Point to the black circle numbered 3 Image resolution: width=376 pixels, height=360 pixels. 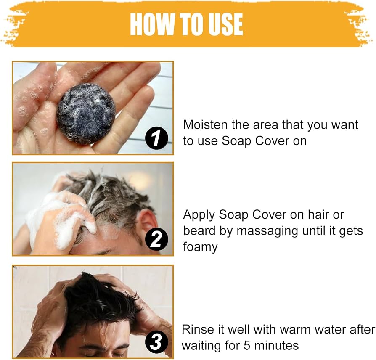156,341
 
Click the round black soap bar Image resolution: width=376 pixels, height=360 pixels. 86,114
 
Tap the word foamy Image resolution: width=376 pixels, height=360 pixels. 200,247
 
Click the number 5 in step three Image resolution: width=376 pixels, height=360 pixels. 247,346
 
